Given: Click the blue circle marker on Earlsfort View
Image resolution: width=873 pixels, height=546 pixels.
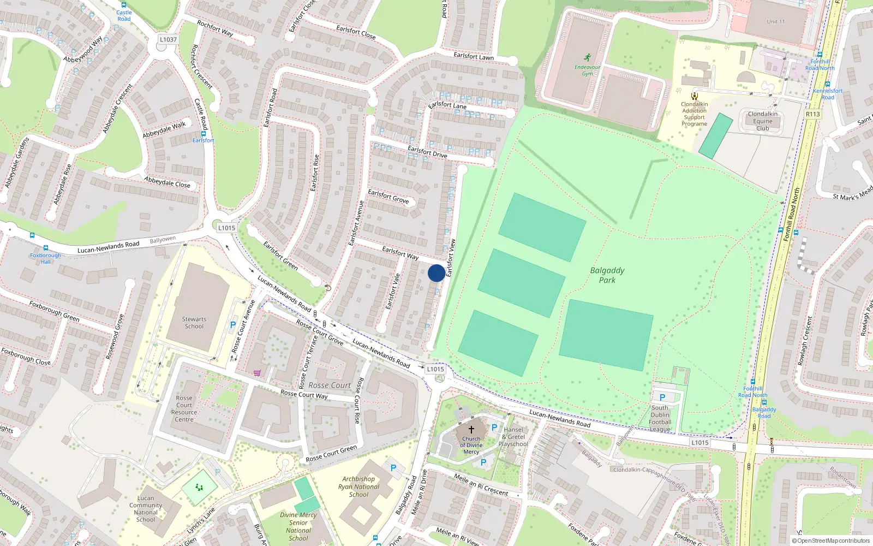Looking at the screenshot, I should tap(436, 273).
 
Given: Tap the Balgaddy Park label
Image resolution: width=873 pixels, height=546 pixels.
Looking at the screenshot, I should tap(607, 275).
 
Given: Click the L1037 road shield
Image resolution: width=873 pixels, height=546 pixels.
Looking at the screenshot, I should tap(168, 39).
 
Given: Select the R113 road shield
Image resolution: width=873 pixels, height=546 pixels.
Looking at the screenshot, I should tap(812, 114).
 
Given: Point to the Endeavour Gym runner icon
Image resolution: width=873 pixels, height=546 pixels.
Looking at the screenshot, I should tap(587, 57).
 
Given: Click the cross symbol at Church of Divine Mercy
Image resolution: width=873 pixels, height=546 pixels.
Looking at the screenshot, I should tap(471, 430).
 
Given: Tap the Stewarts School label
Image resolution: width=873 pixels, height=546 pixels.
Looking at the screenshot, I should tap(194, 323).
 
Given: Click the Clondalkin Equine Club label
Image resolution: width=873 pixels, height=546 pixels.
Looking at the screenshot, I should tap(763, 121).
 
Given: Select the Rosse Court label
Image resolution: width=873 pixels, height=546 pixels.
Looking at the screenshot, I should tap(330, 385).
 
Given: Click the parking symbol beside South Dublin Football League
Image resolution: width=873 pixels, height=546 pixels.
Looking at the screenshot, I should tap(662, 397).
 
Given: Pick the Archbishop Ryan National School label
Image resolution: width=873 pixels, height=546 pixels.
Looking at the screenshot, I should tap(358, 486).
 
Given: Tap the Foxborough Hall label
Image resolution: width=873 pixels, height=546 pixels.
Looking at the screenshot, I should tap(46, 258).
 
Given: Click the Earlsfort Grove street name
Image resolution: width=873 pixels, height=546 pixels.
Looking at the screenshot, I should tap(388, 197).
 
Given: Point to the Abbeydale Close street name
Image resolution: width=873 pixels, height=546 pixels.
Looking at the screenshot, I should tap(168, 182).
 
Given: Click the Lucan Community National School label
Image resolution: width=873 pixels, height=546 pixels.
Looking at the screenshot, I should tap(146, 509).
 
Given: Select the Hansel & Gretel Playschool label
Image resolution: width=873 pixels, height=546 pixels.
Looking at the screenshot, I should tap(513, 437).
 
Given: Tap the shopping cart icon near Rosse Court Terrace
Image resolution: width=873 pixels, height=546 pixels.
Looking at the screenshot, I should tap(257, 373).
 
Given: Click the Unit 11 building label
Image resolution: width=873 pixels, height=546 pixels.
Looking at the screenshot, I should tap(775, 22).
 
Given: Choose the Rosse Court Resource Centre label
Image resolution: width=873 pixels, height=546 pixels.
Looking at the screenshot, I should tap(184, 409).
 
